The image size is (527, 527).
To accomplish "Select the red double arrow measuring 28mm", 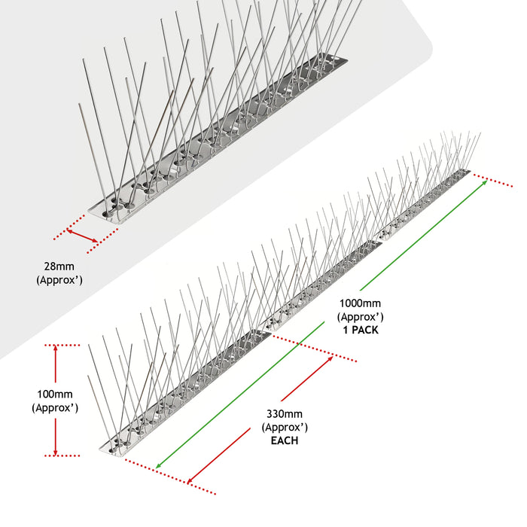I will (x=82, y=236).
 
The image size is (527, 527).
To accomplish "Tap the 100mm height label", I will (x=55, y=394).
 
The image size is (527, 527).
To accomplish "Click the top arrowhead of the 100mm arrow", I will (x=56, y=350).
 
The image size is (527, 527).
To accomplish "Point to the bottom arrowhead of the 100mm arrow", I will (x=56, y=449).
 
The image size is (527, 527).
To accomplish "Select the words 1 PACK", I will (x=359, y=330).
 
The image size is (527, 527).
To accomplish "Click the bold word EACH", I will (x=284, y=440).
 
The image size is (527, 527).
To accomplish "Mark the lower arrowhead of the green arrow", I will (x=157, y=466).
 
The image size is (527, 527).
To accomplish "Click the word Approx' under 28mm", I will (x=59, y=279).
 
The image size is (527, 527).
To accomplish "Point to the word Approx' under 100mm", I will (x=55, y=407).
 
